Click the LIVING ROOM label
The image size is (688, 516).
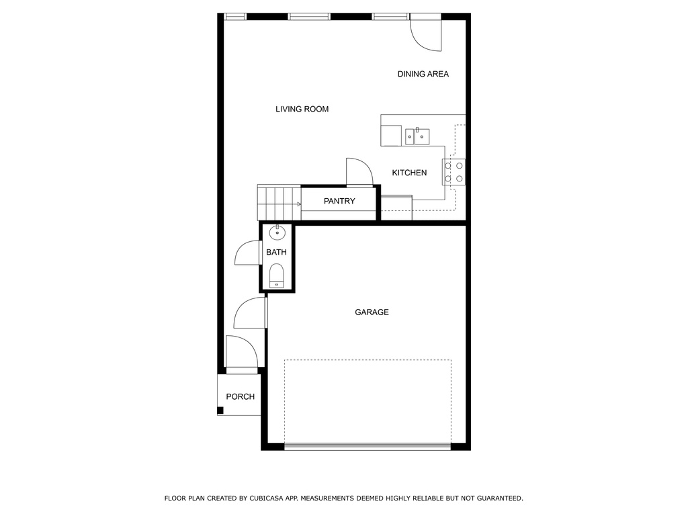pyautogui.click(x=302, y=110)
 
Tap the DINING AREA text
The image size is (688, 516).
pyautogui.click(x=423, y=74)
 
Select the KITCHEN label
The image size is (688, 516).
pyautogui.click(x=409, y=173)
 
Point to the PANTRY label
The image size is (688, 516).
pyautogui.click(x=339, y=201)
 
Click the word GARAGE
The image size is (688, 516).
pyautogui.click(x=372, y=312)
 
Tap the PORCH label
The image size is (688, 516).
pyautogui.click(x=240, y=396)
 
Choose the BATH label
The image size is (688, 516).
pyautogui.click(x=276, y=253)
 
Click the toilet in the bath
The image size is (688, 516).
pyautogui.click(x=276, y=275)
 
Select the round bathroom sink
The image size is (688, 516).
pyautogui.click(x=277, y=232)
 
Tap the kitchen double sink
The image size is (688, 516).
pyautogui.click(x=417, y=136)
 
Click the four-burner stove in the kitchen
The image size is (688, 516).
pyautogui.click(x=454, y=172)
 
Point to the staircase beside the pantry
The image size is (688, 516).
pyautogui.click(x=279, y=202)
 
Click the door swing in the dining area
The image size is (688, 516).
pyautogui.click(x=425, y=35)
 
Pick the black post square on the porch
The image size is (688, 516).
pyautogui.click(x=220, y=411)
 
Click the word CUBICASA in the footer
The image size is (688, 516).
pyautogui.click(x=267, y=499)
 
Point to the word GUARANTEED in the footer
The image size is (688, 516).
pyautogui.click(x=500, y=499)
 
